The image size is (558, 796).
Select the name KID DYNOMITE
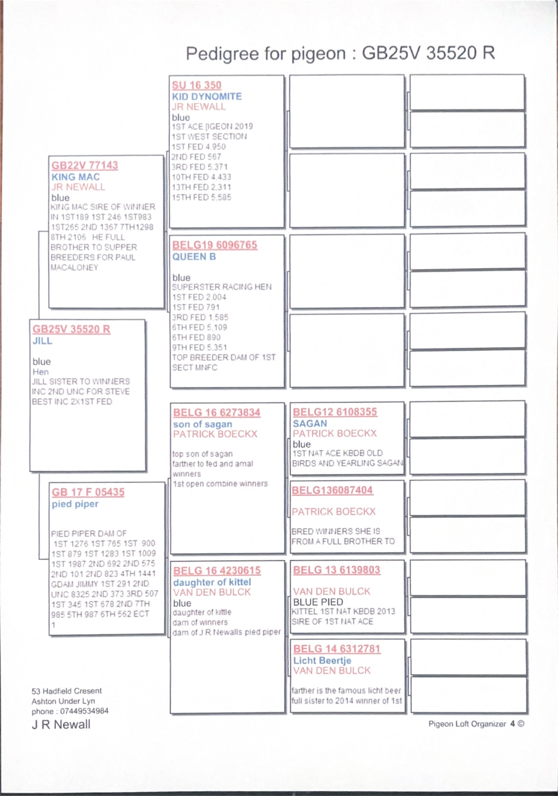point(207,96)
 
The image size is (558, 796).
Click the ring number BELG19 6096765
point(215,245)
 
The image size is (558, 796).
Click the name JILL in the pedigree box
point(42,341)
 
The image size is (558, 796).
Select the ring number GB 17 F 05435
point(88,492)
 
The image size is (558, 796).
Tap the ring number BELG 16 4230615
point(217,571)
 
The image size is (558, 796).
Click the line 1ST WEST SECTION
point(209,137)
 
